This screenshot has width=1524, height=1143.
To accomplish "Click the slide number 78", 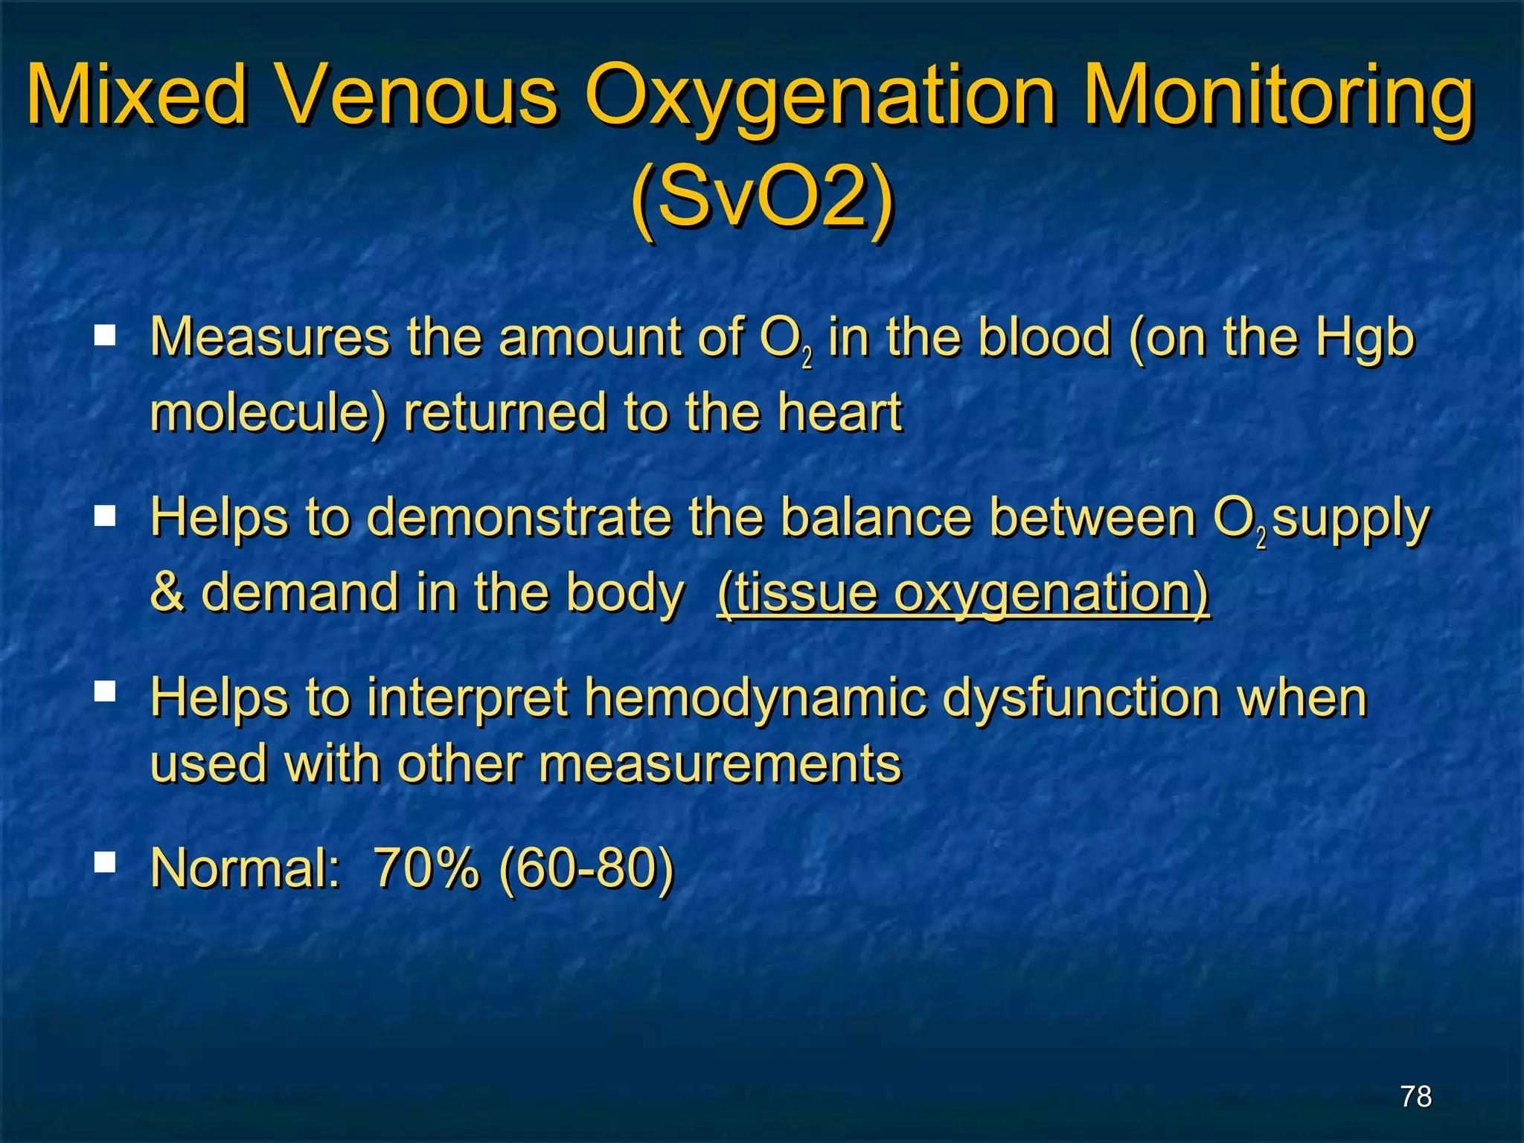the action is tap(1415, 1097).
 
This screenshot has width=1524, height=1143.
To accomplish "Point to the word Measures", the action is tap(269, 338).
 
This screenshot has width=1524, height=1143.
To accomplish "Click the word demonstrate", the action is tap(519, 518).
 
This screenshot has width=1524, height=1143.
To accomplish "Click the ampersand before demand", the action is tap(167, 592).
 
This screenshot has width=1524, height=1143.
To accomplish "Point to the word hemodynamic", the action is tap(755, 699).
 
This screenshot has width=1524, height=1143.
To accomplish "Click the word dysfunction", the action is tap(1080, 699).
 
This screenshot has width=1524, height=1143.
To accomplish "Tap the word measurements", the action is tap(720, 765).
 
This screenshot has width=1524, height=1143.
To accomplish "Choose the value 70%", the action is tap(426, 868).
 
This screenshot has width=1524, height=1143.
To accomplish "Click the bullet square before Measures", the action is tap(105, 336).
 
